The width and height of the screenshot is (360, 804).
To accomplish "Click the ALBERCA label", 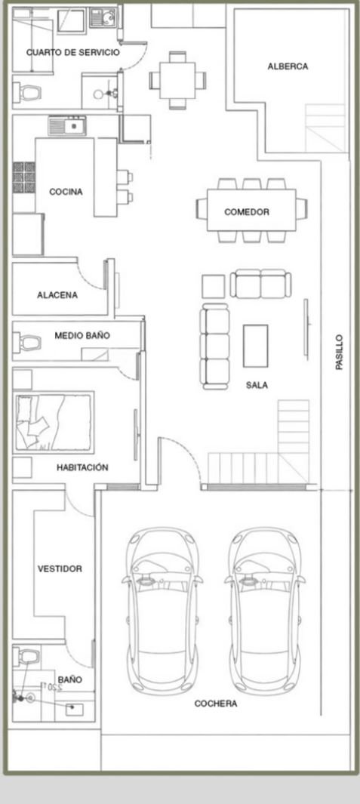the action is coord(288,66).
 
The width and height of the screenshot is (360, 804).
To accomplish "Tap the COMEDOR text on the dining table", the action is coord(247,212).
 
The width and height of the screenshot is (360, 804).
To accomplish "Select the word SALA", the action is coord(257,385).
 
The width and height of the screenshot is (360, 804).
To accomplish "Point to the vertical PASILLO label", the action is coord(340,353).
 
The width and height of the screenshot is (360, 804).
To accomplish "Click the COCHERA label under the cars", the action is coord(215,704).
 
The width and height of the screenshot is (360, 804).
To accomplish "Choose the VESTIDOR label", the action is coord(60,568).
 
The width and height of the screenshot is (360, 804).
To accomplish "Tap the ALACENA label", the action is coord(57,295).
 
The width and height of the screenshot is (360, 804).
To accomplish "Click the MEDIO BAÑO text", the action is coord(82,335).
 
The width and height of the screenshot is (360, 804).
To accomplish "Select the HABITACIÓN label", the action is coord(82,467).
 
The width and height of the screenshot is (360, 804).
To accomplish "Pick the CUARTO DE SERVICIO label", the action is coord(72,52).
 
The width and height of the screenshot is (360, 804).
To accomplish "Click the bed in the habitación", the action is coord(54,423).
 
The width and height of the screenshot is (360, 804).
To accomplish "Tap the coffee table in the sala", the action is coord(255,346).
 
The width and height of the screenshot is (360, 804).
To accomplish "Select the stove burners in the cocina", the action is coord(24,177).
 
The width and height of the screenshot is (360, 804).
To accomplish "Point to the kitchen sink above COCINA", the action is coord(66,125).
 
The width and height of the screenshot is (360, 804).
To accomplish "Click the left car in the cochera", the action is coord(162,611).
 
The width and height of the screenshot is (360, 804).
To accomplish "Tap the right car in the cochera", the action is coord(265,611).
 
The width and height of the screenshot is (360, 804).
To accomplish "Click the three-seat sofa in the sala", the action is coord(215,347).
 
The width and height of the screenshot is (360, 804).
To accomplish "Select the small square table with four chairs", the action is coord(177,80).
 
